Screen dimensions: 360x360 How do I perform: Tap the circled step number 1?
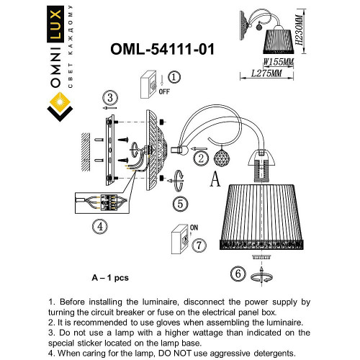pos(175,77)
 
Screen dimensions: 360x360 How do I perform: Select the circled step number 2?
pos(202,157)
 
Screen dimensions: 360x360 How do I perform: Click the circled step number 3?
pos(109,98)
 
